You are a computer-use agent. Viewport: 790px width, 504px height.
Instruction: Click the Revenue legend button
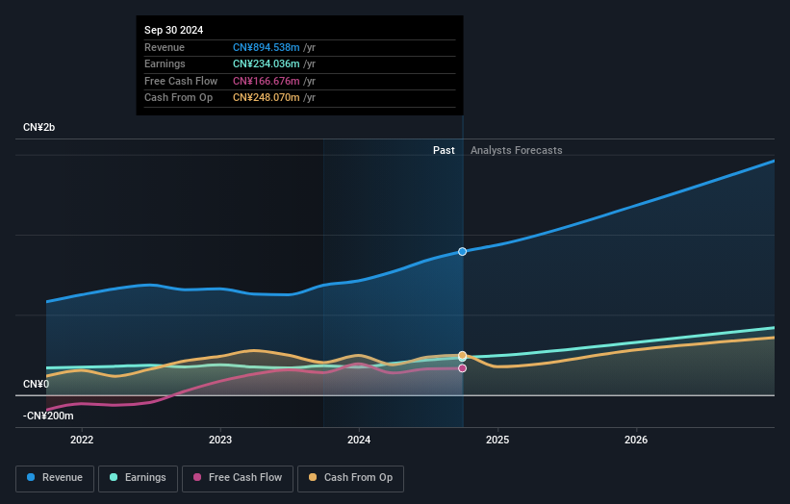[x=55, y=478]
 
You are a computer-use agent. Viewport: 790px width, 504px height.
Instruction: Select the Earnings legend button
[x=138, y=478]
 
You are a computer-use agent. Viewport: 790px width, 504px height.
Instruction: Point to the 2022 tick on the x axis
[x=82, y=441]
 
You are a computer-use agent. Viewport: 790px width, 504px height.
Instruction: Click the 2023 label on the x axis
[x=220, y=441]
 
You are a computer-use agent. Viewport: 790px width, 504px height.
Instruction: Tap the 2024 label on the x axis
[x=359, y=441]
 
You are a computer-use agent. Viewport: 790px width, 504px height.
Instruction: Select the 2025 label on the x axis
[x=497, y=441]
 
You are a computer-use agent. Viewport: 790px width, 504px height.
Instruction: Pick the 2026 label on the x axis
[x=636, y=441]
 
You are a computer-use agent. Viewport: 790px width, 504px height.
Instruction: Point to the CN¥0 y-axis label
[x=37, y=384]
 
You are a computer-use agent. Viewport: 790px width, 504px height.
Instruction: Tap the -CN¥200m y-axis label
[x=48, y=416]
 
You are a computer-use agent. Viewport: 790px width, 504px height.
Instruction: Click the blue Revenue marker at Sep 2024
[x=463, y=251]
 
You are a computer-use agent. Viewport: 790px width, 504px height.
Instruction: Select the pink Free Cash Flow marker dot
[x=463, y=368]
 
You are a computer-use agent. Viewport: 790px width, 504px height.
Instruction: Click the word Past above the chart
[x=444, y=150]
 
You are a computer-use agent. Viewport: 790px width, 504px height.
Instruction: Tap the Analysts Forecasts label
[x=516, y=150]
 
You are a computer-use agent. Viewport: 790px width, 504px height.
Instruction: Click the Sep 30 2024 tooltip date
[x=174, y=31]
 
